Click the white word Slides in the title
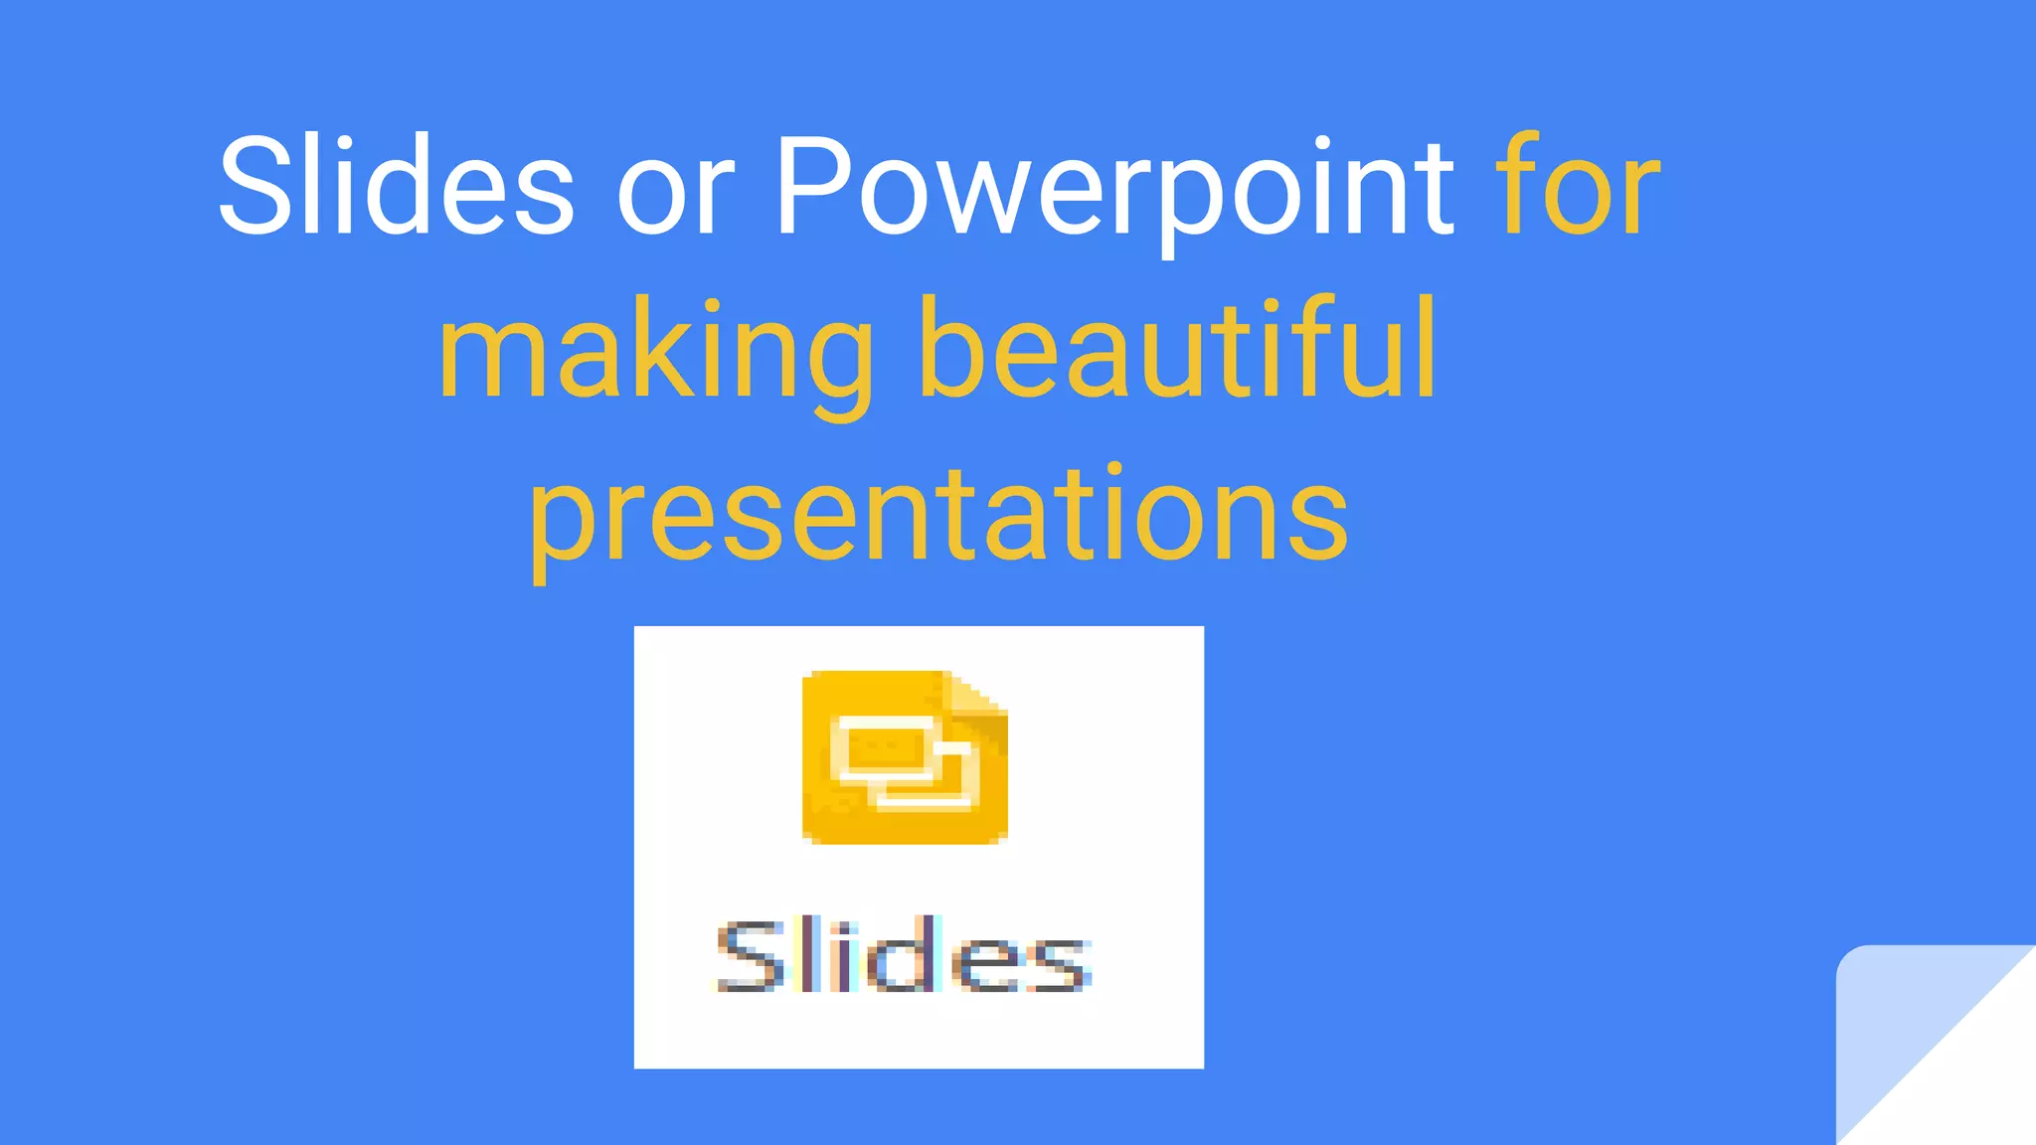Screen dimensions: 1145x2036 [x=396, y=186]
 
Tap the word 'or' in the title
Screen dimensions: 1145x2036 [x=675, y=189]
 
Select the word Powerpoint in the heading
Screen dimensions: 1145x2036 [x=1113, y=189]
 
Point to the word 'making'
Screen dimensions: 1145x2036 [x=656, y=353]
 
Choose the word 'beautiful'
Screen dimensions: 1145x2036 [x=1178, y=348]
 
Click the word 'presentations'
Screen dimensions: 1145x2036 [x=938, y=517]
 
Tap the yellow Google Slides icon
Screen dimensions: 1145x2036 [x=905, y=757]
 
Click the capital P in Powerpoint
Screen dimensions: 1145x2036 [x=809, y=186]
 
